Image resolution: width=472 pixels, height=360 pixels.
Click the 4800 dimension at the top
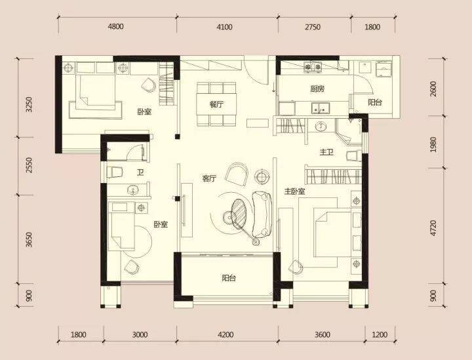115,27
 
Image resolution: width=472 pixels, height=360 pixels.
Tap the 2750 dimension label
313,27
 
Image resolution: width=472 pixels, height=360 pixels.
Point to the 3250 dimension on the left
29,104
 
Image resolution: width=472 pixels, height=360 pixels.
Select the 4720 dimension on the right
433,228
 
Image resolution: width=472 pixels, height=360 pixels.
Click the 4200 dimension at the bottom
226,334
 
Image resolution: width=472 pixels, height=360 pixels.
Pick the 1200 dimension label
380,334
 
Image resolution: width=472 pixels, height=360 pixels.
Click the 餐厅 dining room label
216,105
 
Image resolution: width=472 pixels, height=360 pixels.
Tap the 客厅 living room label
209,178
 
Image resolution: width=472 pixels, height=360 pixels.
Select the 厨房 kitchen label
317,89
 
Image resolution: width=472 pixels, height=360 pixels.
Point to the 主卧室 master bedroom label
295,191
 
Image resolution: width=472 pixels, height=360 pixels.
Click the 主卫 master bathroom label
326,153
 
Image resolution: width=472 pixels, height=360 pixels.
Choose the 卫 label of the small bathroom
140,172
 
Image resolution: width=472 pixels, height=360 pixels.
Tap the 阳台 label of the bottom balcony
229,278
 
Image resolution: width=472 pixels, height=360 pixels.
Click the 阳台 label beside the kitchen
375,102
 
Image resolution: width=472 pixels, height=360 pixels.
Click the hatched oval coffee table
239,212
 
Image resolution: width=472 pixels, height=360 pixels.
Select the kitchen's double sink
321,108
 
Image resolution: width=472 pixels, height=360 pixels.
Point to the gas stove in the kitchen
313,68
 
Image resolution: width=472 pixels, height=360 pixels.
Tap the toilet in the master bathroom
354,156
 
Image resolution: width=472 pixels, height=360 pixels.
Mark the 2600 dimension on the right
433,89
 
